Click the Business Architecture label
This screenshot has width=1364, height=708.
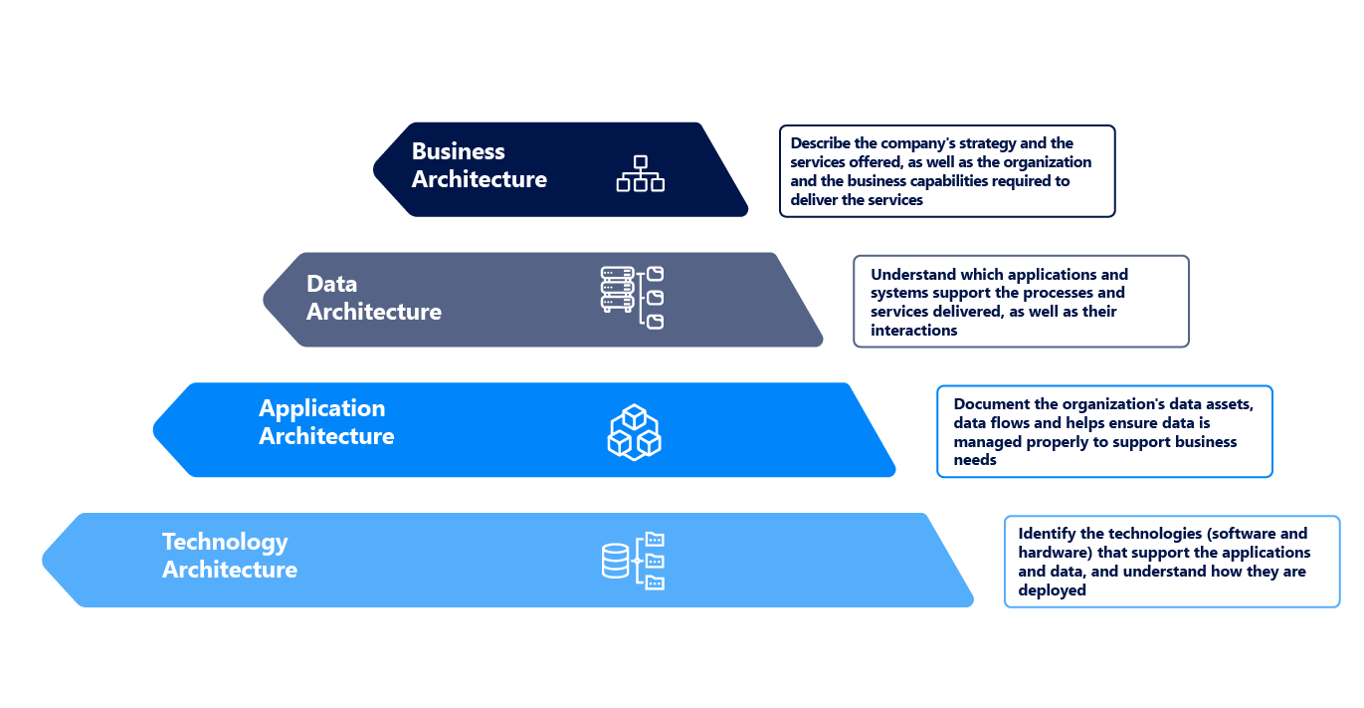tap(479, 165)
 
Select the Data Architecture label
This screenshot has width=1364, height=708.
tap(373, 298)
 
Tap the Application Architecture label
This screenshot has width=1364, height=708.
tap(326, 422)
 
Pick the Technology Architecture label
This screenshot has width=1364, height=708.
tap(230, 556)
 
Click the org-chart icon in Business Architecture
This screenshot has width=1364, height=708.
tap(640, 173)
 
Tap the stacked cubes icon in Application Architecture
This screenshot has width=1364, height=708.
tap(635, 431)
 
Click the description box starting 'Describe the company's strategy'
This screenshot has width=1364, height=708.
tap(947, 171)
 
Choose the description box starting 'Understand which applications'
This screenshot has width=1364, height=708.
tap(1021, 302)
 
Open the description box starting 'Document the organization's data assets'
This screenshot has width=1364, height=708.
tap(1104, 432)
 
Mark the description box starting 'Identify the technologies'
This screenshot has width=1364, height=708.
tap(1172, 562)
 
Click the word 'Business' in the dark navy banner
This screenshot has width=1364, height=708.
tap(459, 151)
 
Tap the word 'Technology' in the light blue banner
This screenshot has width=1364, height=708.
tap(225, 542)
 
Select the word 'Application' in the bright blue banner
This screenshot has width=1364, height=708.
tap(321, 408)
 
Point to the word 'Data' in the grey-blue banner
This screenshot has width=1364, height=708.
tap(331, 284)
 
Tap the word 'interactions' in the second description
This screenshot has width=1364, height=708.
tap(913, 331)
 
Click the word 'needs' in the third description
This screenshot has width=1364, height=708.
tap(974, 461)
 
